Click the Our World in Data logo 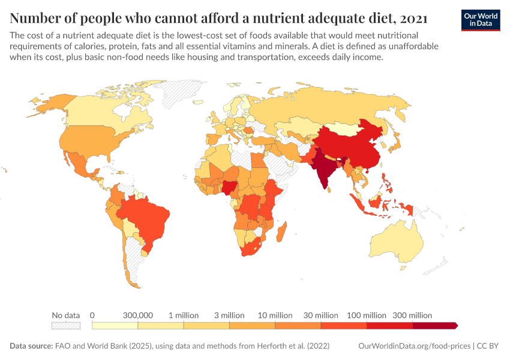[x=481, y=20]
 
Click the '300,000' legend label [x=138, y=315]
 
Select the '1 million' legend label [x=184, y=315]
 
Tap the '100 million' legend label [x=367, y=315]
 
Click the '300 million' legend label [x=412, y=315]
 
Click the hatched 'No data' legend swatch [x=66, y=325]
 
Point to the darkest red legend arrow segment [x=436, y=325]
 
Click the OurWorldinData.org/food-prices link [x=413, y=346]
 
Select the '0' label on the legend [x=92, y=315]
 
